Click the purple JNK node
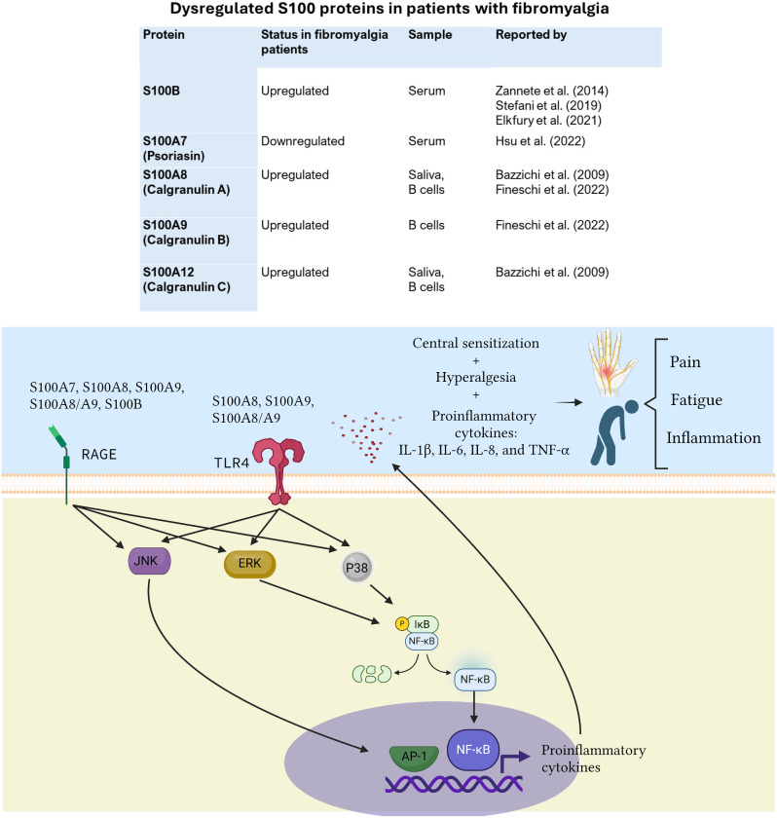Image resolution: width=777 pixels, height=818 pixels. [149, 561]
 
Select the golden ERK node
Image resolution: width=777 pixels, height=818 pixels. [250, 564]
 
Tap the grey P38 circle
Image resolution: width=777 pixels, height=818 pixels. [356, 568]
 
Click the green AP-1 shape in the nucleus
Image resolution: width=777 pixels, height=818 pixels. [414, 758]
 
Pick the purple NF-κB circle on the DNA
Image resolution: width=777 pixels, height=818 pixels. [473, 750]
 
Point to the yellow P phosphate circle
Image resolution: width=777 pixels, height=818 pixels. [401, 623]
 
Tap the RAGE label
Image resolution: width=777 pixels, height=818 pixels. [99, 455]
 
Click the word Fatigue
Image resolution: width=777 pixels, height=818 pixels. [696, 400]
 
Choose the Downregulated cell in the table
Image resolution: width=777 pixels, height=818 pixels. [303, 141]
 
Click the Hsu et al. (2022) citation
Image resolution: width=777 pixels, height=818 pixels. [540, 141]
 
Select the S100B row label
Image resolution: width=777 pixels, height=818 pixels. [161, 91]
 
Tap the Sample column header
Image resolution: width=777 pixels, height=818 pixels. [429, 34]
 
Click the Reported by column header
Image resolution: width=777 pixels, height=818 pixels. [531, 34]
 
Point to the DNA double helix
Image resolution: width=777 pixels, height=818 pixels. [454, 784]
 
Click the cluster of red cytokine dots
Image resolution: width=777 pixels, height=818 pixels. [367, 436]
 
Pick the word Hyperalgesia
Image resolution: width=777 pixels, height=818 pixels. [475, 377]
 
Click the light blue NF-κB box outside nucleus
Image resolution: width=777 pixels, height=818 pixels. [474, 680]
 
